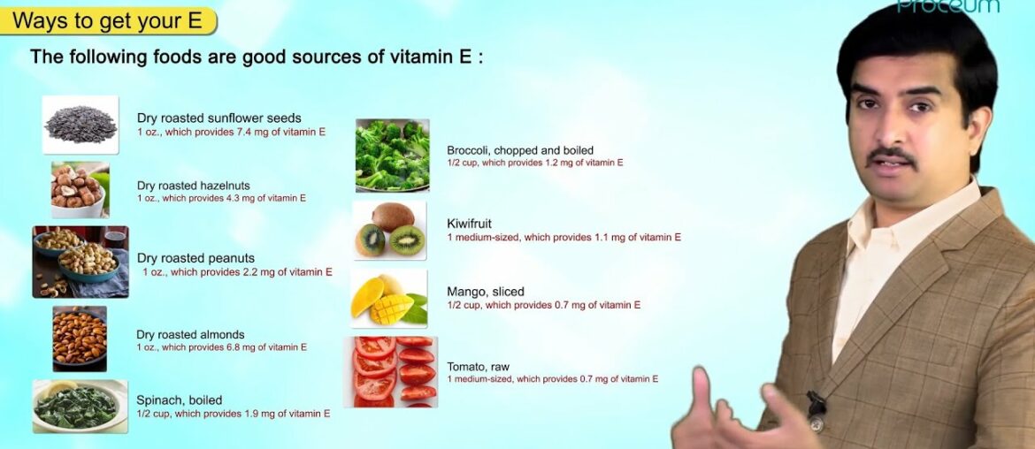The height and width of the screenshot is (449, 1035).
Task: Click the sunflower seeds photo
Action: click(x=80, y=125)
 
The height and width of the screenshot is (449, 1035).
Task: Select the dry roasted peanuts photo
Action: click(x=80, y=262)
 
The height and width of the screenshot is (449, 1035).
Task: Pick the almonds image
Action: click(x=80, y=339)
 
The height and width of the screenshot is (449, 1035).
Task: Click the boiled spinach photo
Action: click(x=80, y=407)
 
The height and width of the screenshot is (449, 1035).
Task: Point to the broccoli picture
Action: click(x=392, y=156)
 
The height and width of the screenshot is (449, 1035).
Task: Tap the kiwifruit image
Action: click(x=389, y=231)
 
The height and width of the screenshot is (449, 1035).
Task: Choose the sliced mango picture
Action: click(x=389, y=299)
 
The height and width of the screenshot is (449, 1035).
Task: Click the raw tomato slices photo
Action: click(x=391, y=371)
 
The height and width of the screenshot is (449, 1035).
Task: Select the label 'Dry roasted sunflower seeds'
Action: click(x=218, y=118)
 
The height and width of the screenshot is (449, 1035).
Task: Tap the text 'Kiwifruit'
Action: click(x=469, y=224)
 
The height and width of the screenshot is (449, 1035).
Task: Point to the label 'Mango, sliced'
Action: click(x=486, y=292)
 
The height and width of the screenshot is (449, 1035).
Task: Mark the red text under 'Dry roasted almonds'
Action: click(x=221, y=347)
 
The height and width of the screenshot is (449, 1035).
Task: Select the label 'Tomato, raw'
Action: click(x=478, y=367)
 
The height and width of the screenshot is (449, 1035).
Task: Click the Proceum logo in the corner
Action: click(x=947, y=7)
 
